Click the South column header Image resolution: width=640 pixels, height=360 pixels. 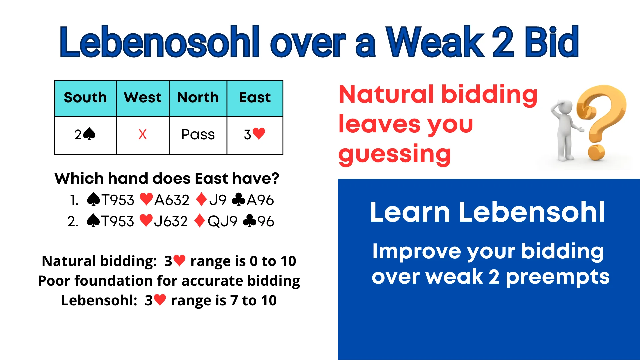85,98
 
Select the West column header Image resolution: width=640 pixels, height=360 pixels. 143,98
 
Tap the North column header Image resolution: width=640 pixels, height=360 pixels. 198,98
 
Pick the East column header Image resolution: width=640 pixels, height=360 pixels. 255,98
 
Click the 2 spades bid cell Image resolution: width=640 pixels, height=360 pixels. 85,135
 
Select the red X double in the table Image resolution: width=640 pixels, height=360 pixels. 142,135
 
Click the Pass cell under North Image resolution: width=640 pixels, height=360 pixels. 198,135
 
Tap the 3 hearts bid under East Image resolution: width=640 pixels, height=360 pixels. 255,135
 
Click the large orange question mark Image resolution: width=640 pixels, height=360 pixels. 600,120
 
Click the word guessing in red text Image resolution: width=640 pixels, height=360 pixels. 395,154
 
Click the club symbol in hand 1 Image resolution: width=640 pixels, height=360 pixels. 238,200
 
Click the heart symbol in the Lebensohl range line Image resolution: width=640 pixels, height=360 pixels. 160,300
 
